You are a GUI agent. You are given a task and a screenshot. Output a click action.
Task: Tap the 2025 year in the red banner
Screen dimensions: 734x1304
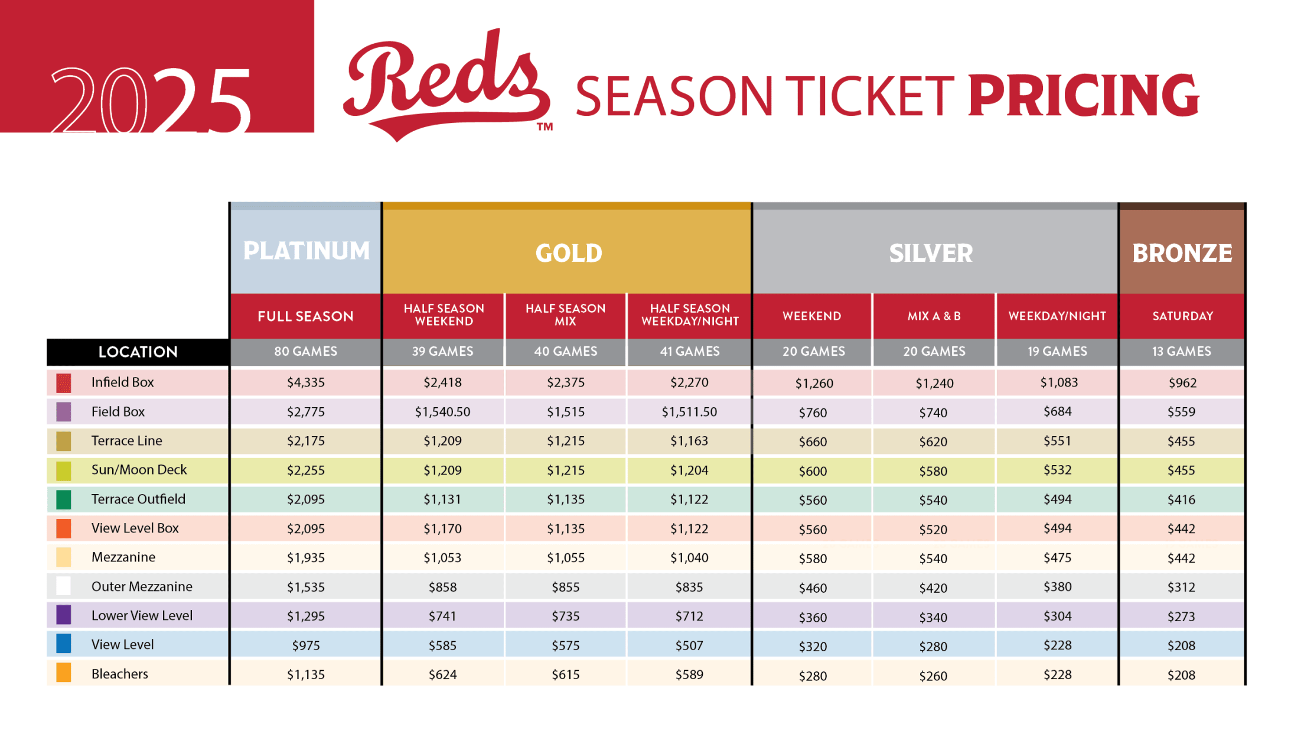tap(151, 99)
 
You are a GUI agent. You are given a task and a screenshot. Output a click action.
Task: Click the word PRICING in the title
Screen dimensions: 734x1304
tap(1084, 96)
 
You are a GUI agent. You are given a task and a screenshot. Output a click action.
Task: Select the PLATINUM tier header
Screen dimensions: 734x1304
tap(306, 251)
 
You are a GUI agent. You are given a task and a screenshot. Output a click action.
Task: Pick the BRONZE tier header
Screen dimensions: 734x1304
tap(1182, 253)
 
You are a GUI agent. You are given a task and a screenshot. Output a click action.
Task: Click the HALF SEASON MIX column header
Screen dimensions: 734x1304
tap(565, 315)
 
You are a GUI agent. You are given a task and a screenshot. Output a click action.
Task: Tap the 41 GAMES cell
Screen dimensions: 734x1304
tap(689, 352)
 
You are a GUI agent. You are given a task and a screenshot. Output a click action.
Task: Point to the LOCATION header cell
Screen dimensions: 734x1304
tap(138, 352)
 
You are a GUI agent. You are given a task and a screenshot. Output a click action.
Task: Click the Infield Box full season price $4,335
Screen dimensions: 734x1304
tap(306, 382)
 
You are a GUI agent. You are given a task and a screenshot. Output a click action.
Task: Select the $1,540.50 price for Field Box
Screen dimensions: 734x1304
tap(442, 412)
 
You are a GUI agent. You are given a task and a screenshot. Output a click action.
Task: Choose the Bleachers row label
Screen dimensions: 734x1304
tap(120, 674)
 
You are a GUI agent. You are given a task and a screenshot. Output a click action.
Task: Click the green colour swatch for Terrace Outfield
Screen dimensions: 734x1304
tap(64, 499)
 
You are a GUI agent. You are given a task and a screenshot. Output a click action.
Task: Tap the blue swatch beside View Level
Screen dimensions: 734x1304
tap(64, 644)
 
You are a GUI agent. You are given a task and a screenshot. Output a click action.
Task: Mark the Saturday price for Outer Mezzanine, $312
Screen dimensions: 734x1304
tap(1181, 587)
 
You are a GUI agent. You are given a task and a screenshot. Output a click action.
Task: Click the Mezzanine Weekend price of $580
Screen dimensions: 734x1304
tap(813, 558)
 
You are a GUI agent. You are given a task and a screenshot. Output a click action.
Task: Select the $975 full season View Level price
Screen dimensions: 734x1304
tap(306, 645)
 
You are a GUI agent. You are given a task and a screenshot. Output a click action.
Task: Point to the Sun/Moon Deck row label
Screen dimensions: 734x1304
tap(139, 470)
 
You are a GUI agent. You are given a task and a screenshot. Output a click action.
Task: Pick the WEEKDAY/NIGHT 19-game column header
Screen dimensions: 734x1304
tap(1057, 316)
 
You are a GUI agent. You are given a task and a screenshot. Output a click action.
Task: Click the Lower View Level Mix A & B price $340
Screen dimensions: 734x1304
tap(933, 618)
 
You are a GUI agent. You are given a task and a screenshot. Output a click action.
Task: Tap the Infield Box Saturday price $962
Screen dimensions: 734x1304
tap(1182, 383)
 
